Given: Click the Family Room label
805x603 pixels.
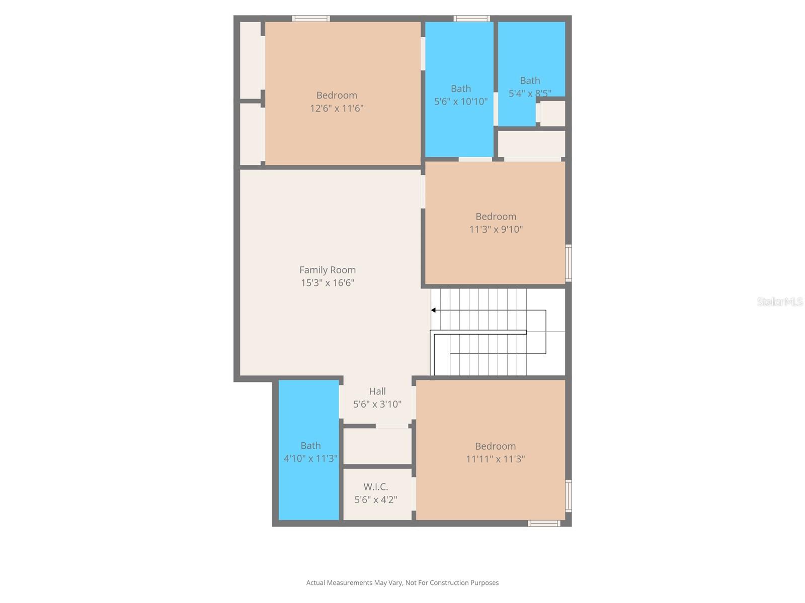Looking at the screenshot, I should point(328,270).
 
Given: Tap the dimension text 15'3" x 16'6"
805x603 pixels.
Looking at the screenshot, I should point(328,283).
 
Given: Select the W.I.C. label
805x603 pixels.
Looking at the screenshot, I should point(376,487).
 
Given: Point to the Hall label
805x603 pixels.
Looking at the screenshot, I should point(377,391).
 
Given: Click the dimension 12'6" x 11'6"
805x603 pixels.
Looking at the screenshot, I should point(337,109).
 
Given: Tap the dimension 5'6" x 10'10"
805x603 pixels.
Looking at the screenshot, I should point(461,102).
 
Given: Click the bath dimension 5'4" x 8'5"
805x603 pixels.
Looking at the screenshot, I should point(530,93).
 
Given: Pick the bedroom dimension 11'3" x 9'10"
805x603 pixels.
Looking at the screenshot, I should point(496,230).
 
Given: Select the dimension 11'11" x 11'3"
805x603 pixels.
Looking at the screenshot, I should point(496,459).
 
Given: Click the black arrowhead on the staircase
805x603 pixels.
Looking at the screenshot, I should point(433,310).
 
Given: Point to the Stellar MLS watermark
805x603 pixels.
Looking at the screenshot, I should point(780,301).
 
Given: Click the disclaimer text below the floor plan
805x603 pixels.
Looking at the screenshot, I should point(403,583).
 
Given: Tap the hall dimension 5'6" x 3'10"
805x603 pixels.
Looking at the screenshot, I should point(377,405).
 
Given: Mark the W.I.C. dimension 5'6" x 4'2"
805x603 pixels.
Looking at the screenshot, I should point(376,500).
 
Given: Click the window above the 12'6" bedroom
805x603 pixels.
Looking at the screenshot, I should point(311,19).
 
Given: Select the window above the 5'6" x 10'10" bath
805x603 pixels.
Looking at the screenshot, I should point(471,19).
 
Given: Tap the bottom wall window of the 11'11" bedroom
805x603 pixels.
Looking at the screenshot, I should point(544,524).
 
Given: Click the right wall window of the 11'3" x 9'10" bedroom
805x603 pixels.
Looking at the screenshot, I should point(569,262).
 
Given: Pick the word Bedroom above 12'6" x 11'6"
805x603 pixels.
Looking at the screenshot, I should point(337,95).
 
